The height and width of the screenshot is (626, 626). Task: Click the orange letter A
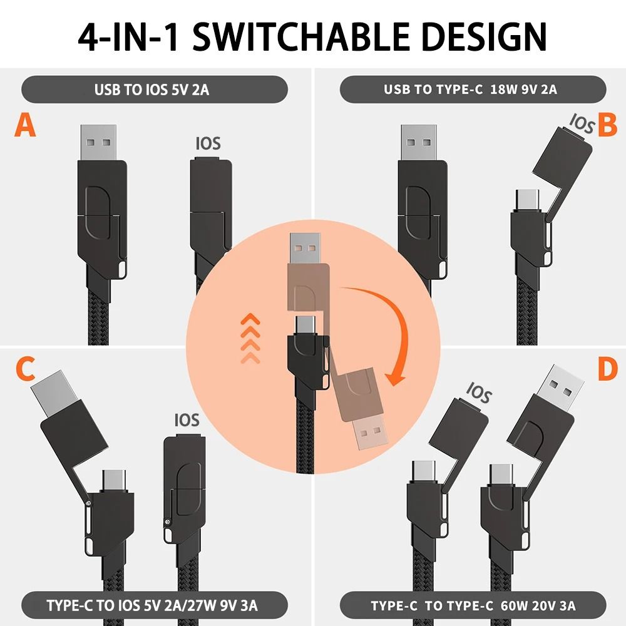pyautogui.click(x=25, y=125)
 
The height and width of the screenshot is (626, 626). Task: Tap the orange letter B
pyautogui.click(x=607, y=125)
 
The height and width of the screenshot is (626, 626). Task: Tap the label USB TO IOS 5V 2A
pyautogui.click(x=154, y=89)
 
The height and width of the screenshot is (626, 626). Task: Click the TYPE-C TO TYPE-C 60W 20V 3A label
pyautogui.click(x=473, y=605)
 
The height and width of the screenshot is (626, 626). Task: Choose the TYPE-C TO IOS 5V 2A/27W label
pyautogui.click(x=154, y=605)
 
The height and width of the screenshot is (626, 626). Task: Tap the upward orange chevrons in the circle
pyautogui.click(x=250, y=338)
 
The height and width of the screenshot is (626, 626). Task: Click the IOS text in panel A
pyautogui.click(x=208, y=143)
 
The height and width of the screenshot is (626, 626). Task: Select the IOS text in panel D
pyautogui.click(x=478, y=395)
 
